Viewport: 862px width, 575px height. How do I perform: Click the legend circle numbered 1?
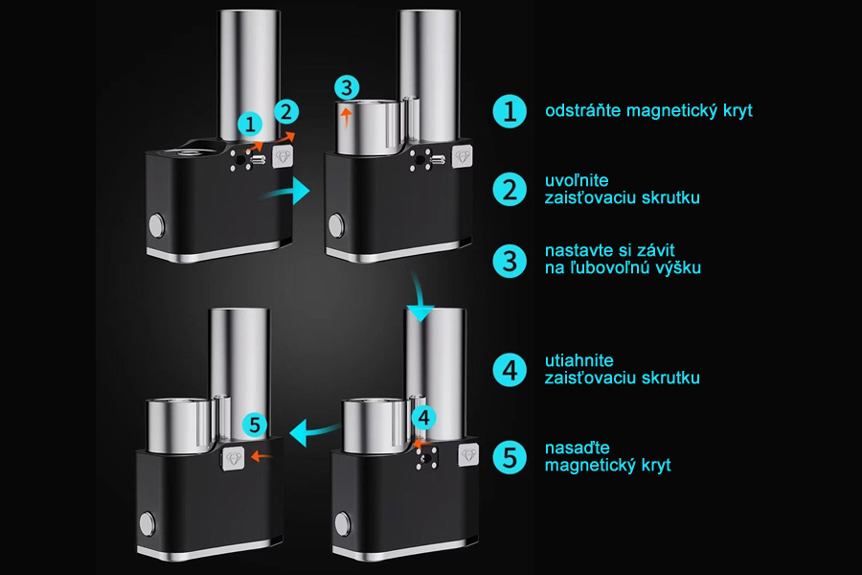510,111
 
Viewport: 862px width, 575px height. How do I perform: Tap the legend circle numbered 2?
510,190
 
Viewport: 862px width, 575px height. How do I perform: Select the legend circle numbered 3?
510,261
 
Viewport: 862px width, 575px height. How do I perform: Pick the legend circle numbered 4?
510,370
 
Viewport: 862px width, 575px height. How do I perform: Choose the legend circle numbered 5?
510,457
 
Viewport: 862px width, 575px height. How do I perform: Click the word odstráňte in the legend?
583,110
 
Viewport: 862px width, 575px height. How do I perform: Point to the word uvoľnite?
577,180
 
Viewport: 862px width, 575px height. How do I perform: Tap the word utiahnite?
578,360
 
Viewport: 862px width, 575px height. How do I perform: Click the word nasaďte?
578,448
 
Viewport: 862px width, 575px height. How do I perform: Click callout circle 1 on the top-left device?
250,125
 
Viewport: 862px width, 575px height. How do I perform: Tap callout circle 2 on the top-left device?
285,112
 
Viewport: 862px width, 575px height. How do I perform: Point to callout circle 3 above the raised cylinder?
347,87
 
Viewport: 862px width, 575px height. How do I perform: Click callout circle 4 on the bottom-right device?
423,418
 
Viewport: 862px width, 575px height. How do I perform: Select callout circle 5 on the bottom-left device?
255,425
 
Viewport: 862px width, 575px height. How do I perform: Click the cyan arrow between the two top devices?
288,192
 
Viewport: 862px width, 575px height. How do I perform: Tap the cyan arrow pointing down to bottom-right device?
420,298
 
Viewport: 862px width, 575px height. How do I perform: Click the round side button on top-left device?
157,224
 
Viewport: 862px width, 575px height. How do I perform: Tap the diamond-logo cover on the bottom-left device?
234,458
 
